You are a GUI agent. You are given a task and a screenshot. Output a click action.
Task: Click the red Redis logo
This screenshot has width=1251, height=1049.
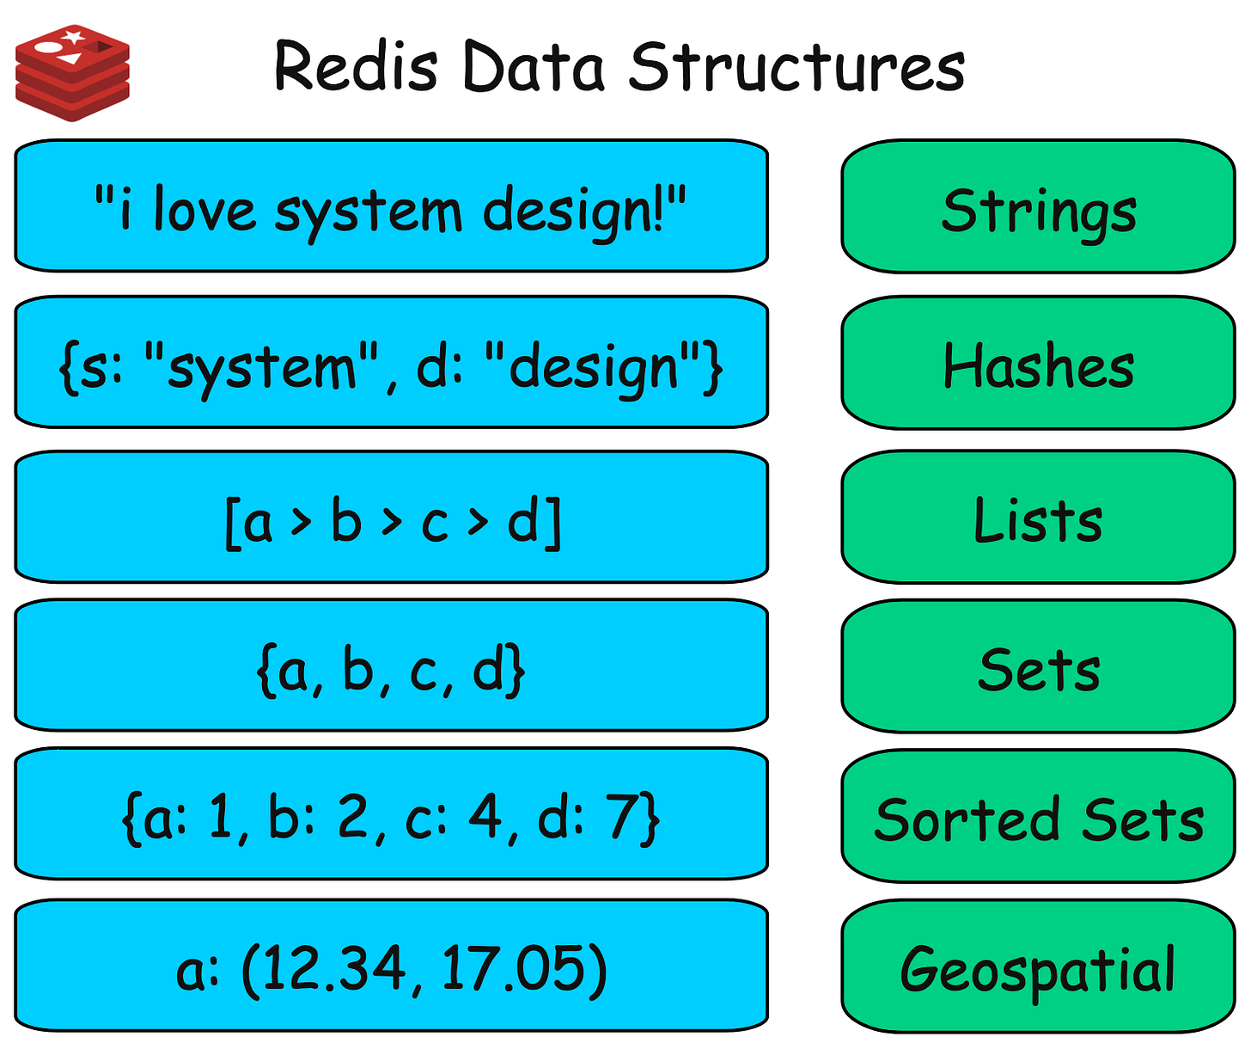pyautogui.click(x=72, y=72)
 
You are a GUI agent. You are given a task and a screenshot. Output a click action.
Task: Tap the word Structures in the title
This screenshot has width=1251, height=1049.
pyautogui.click(x=796, y=67)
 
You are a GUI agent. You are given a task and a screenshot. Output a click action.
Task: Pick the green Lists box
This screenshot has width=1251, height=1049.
pyautogui.click(x=1038, y=519)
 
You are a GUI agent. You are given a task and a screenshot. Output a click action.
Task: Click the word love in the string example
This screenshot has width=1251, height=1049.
pyautogui.click(x=204, y=210)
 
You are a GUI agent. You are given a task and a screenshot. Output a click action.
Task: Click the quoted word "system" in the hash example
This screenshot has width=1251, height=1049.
pyautogui.click(x=263, y=368)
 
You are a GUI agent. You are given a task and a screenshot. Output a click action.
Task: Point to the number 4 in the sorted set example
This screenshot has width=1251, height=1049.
pyautogui.click(x=486, y=817)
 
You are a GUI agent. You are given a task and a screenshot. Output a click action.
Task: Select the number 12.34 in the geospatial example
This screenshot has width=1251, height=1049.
pyautogui.click(x=327, y=968)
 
